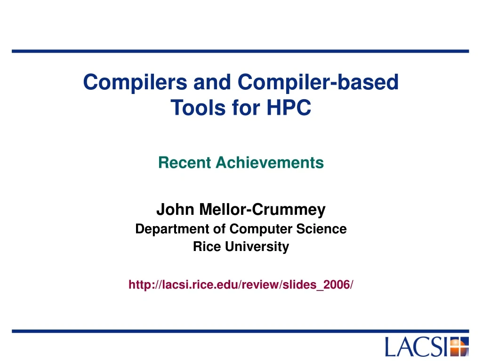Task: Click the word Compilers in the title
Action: pos(134,83)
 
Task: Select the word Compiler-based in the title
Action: pos(318,83)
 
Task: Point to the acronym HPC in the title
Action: pos(289,108)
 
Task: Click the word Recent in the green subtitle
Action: pos(185,163)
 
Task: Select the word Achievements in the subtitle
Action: pos(270,163)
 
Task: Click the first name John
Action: pos(176,210)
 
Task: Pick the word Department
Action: pos(171,229)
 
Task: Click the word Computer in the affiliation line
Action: pos(258,229)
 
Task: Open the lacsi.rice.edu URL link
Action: pos(241,284)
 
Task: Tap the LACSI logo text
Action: pos(416,347)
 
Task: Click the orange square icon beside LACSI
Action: pos(460,347)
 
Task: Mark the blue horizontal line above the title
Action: pos(241,51)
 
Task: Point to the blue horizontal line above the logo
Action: pos(241,331)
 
